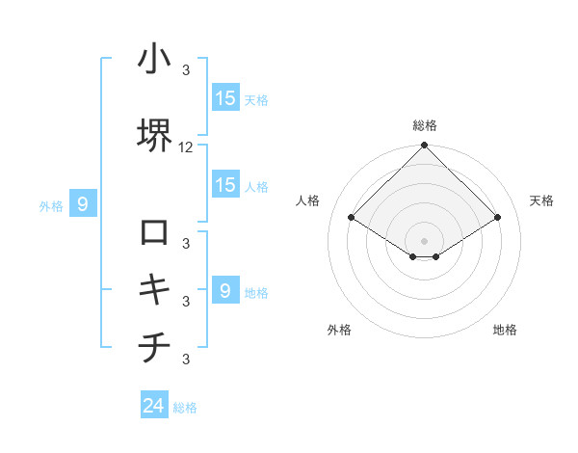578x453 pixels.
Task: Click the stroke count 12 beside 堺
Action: [186, 147]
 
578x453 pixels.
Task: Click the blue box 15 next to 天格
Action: [225, 97]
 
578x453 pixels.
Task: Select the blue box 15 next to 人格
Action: [225, 185]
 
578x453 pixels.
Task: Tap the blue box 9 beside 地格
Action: [225, 290]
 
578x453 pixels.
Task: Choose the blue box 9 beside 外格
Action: [84, 203]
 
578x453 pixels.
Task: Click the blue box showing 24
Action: [154, 406]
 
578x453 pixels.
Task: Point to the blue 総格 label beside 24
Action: [185, 408]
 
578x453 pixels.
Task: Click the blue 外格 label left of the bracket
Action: [51, 205]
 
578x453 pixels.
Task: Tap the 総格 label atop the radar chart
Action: [425, 126]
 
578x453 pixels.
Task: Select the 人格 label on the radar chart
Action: [308, 200]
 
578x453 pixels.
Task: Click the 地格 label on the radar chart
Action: [505, 330]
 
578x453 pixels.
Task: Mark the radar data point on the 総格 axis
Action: [425, 146]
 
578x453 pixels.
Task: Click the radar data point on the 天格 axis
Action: [498, 218]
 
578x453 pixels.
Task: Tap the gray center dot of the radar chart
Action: [425, 239]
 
